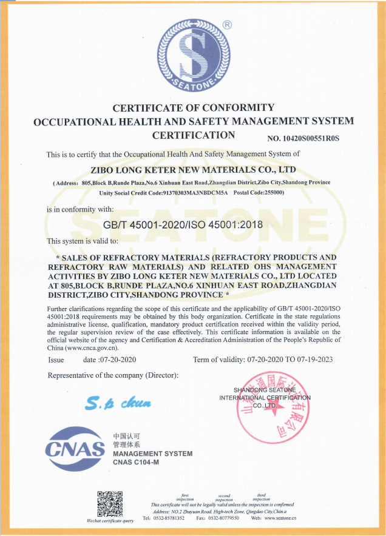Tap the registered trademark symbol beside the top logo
(x=228, y=25)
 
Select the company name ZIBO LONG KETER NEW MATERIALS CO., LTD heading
(x=192, y=170)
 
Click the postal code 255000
(x=273, y=192)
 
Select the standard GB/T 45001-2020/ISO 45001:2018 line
(x=183, y=225)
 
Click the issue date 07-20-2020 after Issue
(x=117, y=360)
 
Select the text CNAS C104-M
(x=135, y=463)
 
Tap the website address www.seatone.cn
(x=276, y=518)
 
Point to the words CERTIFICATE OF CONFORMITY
(x=194, y=108)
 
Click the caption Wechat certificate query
(x=110, y=521)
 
